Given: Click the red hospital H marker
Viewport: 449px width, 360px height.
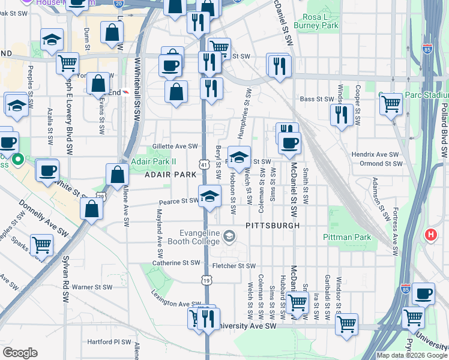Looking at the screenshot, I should [x=430, y=235].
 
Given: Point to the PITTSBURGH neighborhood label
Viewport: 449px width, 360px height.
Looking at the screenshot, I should [x=272, y=226].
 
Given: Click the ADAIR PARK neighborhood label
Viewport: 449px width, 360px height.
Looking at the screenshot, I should [x=170, y=174].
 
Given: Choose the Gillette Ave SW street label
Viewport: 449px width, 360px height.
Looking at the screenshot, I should [x=175, y=146].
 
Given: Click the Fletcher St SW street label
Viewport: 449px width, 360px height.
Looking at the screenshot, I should [x=234, y=266].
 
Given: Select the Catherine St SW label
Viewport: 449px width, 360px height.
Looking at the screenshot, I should [x=176, y=263].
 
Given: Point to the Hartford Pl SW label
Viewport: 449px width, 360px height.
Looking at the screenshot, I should [x=109, y=342].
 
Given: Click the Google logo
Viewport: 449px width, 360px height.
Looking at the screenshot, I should [x=20, y=352].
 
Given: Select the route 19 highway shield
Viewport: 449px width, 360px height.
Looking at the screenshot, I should [x=206, y=280].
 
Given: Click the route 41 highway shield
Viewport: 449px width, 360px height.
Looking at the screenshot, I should [x=205, y=164].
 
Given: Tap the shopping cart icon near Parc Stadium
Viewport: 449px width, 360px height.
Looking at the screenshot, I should [x=391, y=104].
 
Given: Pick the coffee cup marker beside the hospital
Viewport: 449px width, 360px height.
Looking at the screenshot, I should [x=423, y=293].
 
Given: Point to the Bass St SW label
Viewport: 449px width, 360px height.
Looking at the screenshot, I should [x=316, y=99].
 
